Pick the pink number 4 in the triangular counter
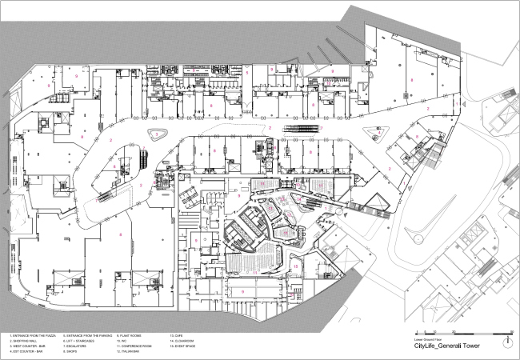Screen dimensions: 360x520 coord(379,134)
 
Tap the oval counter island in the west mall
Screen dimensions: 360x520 coord(158,134)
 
